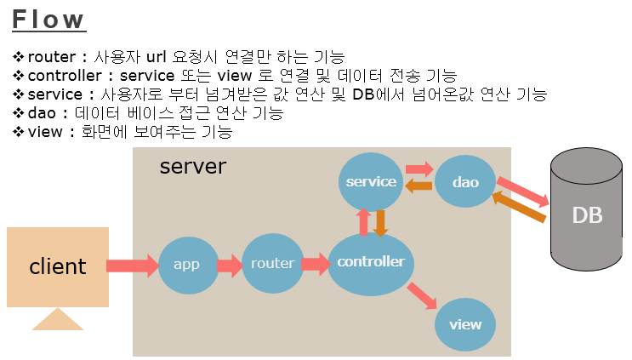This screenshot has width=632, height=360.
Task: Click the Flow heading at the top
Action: (x=49, y=20)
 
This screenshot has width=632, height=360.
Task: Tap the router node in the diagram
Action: (x=272, y=264)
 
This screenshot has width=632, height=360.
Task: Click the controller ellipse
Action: (x=371, y=262)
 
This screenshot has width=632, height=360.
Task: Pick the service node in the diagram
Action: (x=372, y=181)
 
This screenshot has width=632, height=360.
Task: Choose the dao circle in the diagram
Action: (x=465, y=182)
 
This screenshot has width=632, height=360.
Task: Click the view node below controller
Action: (x=465, y=324)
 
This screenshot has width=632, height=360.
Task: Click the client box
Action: (x=58, y=266)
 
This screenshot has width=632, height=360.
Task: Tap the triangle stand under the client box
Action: (x=58, y=319)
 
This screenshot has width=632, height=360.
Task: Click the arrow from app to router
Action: (x=230, y=266)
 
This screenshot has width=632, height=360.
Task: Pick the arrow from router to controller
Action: (x=315, y=264)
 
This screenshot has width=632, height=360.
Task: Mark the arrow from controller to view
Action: (x=421, y=296)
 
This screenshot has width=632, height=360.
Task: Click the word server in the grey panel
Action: (x=193, y=166)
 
